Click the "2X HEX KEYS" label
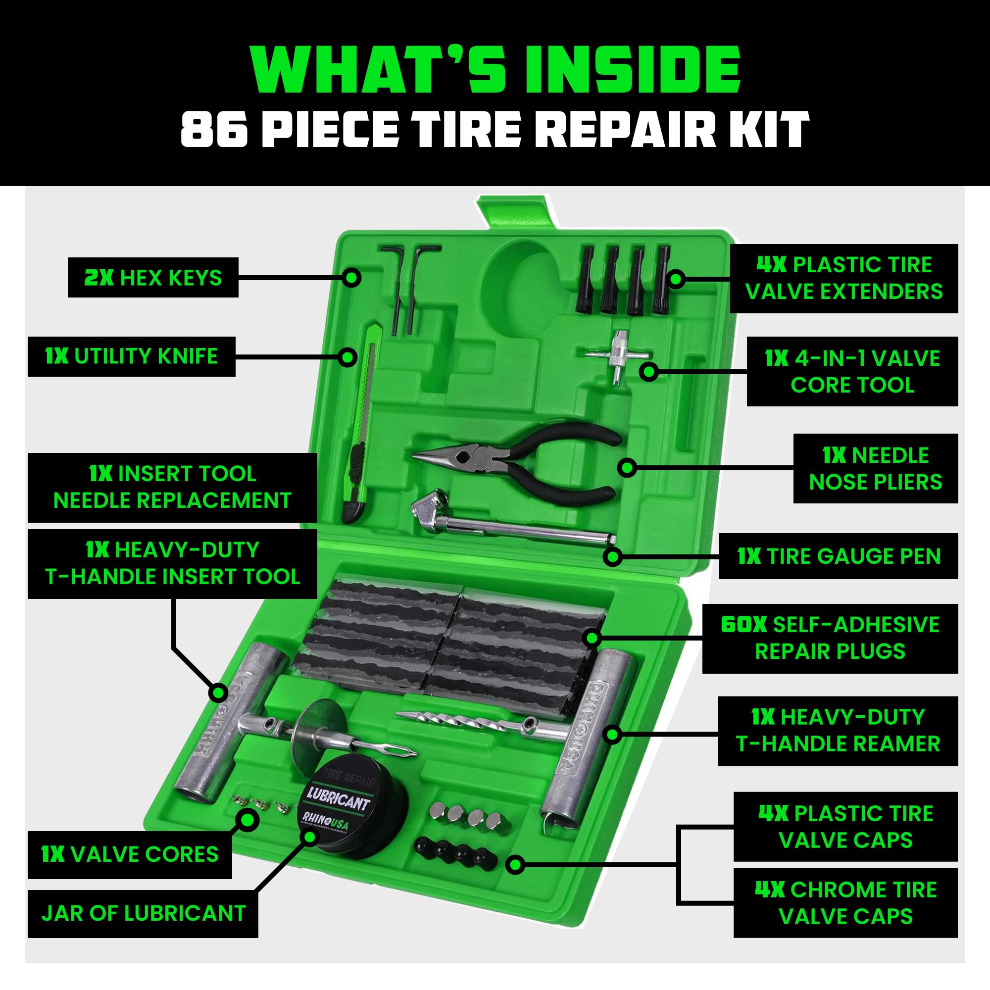152,278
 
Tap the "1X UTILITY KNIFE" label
132,356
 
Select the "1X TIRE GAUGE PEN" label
839,556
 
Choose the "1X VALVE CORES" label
130,854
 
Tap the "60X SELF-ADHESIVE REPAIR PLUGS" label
830,638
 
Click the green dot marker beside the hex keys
352,278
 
